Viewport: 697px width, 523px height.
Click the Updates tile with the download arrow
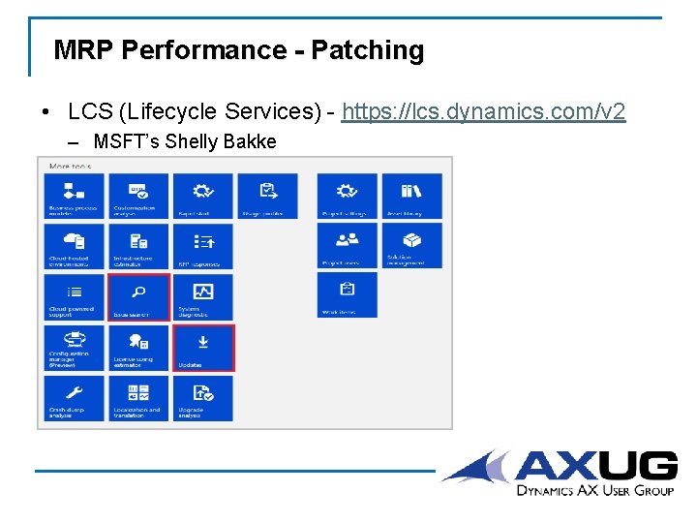[x=202, y=347]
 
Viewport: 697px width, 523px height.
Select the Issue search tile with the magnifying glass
[x=138, y=296]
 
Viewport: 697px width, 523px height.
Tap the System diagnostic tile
[x=202, y=296]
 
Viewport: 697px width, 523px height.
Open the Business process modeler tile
[x=74, y=196]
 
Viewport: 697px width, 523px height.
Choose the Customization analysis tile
[x=138, y=196]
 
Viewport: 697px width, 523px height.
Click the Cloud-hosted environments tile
[x=74, y=246]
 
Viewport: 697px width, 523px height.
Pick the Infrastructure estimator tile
[x=138, y=246]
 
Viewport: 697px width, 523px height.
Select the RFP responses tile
[x=202, y=246]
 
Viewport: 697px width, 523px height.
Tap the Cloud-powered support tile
[x=74, y=296]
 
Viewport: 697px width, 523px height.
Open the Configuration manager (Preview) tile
[x=74, y=347]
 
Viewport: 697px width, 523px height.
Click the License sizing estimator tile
[x=138, y=347]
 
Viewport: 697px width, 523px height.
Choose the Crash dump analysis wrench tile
[x=74, y=397]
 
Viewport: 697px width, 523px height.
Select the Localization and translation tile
[x=138, y=397]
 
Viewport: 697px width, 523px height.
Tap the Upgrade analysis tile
[x=202, y=397]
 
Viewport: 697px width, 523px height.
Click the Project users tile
[x=348, y=246]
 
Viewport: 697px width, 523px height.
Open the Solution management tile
[x=411, y=246]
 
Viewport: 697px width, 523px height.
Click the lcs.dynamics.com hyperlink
[x=484, y=112]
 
